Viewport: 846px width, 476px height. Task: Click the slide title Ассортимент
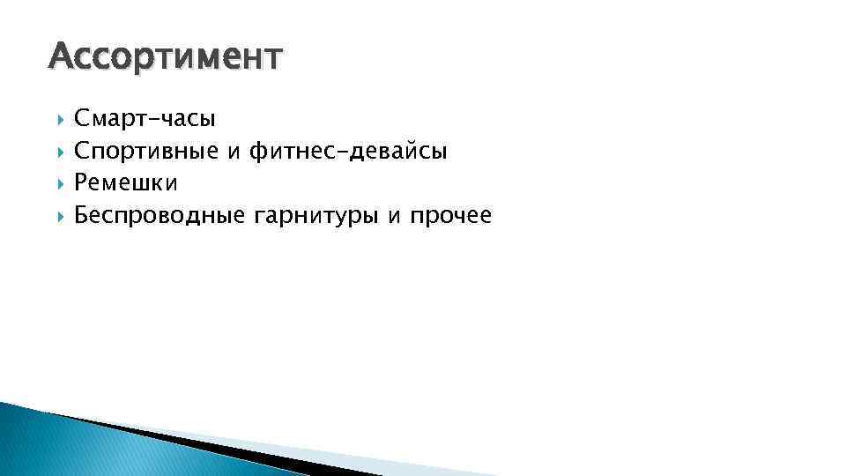coord(167,58)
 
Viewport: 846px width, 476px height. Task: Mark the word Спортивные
coord(146,151)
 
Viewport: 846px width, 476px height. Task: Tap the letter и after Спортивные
coord(234,152)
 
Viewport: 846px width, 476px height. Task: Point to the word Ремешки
coord(126,183)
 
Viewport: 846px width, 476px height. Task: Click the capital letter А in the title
coord(60,58)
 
